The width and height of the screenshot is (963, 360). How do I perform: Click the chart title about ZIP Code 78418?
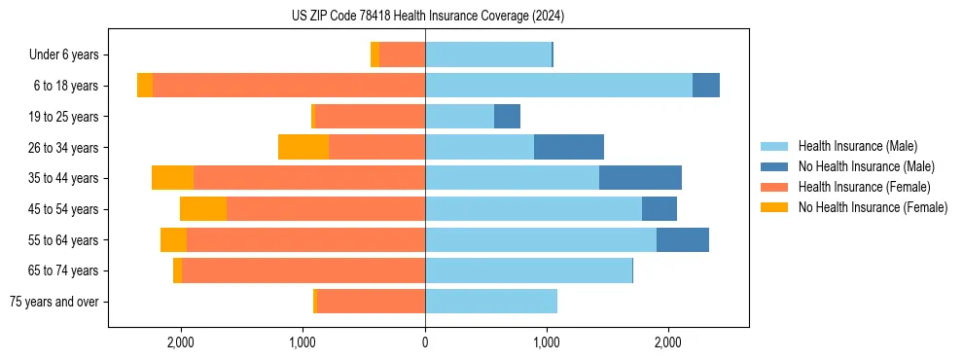[x=427, y=17]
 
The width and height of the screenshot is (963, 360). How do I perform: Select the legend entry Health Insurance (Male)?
[x=857, y=146]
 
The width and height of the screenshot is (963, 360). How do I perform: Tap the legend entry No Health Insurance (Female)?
[x=873, y=207]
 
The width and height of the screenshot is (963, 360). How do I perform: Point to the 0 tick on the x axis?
[x=425, y=342]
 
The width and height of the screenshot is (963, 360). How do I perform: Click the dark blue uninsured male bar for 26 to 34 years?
[x=569, y=147]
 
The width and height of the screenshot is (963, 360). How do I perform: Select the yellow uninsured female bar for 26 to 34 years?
[x=303, y=147]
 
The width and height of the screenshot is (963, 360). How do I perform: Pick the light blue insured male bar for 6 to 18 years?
[x=558, y=86]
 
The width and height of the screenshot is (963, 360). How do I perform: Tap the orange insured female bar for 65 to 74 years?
[x=303, y=270]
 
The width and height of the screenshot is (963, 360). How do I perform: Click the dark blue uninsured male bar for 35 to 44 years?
[x=640, y=178]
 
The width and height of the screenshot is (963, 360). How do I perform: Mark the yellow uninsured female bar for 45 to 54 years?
[x=203, y=209]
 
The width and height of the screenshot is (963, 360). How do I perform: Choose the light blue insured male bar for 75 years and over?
[x=491, y=302]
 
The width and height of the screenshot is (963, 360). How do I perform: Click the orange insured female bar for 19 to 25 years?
[x=371, y=117]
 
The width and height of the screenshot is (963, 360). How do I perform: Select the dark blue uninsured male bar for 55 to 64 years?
[x=683, y=239]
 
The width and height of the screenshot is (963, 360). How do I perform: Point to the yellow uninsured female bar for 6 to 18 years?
[x=145, y=86]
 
